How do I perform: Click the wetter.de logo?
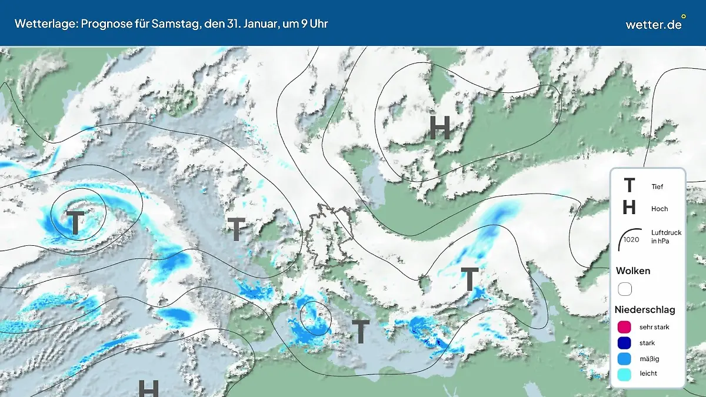coord(654,25)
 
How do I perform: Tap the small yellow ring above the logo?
coord(683,16)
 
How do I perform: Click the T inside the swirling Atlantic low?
coord(76,223)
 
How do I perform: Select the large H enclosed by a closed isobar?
coord(439,128)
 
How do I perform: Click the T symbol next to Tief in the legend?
coord(629,186)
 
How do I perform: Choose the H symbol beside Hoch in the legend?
coord(629,208)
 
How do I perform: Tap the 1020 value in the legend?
coord(631,239)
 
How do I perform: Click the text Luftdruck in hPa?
coord(666,236)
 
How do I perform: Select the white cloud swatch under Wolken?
coord(625,289)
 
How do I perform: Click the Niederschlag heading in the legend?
coord(645,309)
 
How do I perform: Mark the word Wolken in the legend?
coord(633,271)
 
